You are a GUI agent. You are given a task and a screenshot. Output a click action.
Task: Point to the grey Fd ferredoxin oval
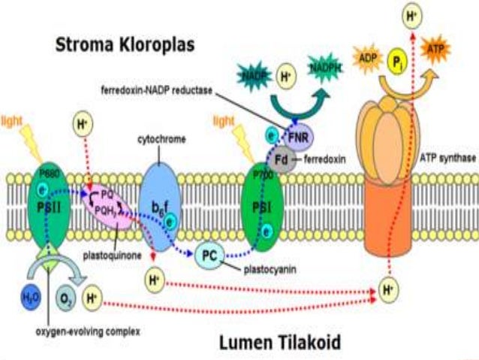pos(282,159)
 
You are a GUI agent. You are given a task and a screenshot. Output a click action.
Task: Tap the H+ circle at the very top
pos(411,13)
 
